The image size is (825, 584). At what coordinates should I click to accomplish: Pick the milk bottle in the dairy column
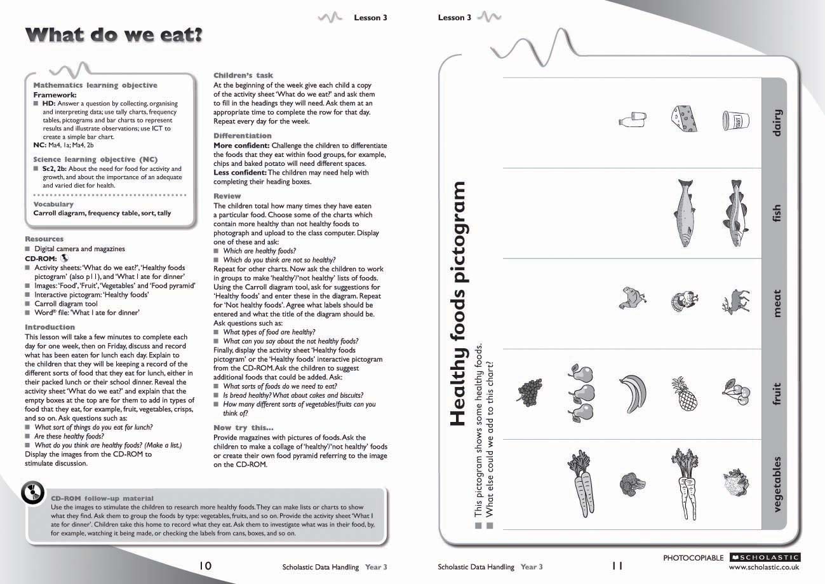coord(632,119)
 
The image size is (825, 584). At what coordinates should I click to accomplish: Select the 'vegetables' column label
coord(776,484)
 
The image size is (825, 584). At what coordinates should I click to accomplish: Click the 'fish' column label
coord(776,213)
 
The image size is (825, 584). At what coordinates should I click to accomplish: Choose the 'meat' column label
coord(776,303)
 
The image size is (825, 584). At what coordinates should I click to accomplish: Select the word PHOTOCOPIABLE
coord(693,558)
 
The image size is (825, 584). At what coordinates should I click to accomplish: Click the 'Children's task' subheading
coord(243,76)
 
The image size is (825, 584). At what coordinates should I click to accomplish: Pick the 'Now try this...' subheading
coord(243,428)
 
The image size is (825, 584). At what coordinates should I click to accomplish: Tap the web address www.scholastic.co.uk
coord(764,567)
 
